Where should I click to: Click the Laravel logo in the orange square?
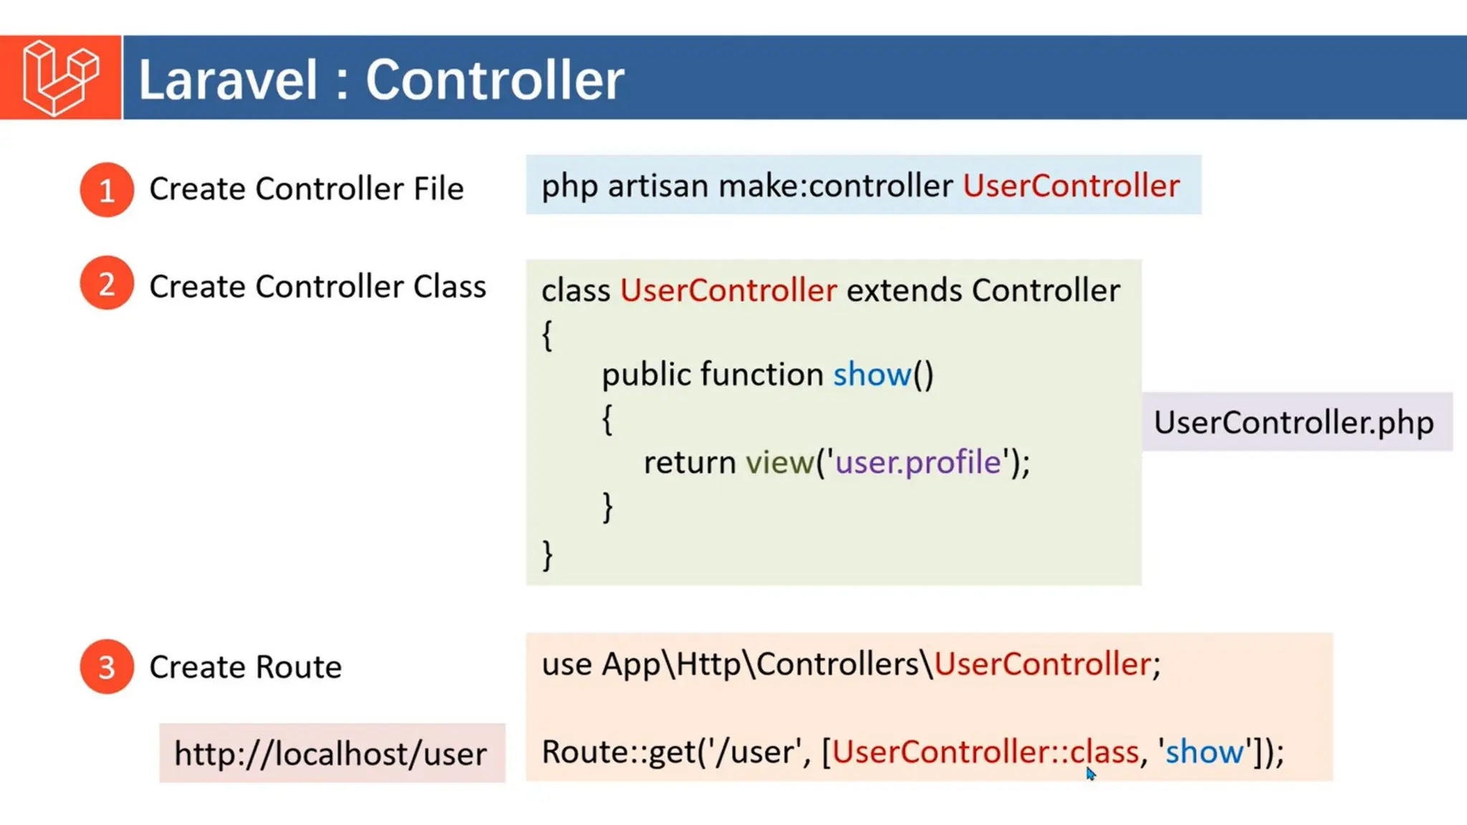(60, 77)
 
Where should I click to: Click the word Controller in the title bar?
(494, 79)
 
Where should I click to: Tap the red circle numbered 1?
(107, 190)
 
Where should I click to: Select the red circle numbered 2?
(107, 284)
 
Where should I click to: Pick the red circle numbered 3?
(107, 667)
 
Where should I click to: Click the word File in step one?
(438, 189)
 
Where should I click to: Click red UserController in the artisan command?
(1070, 185)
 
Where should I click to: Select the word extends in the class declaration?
(904, 290)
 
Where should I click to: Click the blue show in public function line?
(871, 375)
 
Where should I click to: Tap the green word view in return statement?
(779, 462)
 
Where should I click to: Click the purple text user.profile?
(918, 462)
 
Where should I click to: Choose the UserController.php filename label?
(1294, 422)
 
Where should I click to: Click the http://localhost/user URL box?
(331, 753)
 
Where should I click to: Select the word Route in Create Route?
(298, 667)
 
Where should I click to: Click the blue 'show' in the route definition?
(1204, 752)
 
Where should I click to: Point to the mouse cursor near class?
(1090, 773)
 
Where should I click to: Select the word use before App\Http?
(567, 664)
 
